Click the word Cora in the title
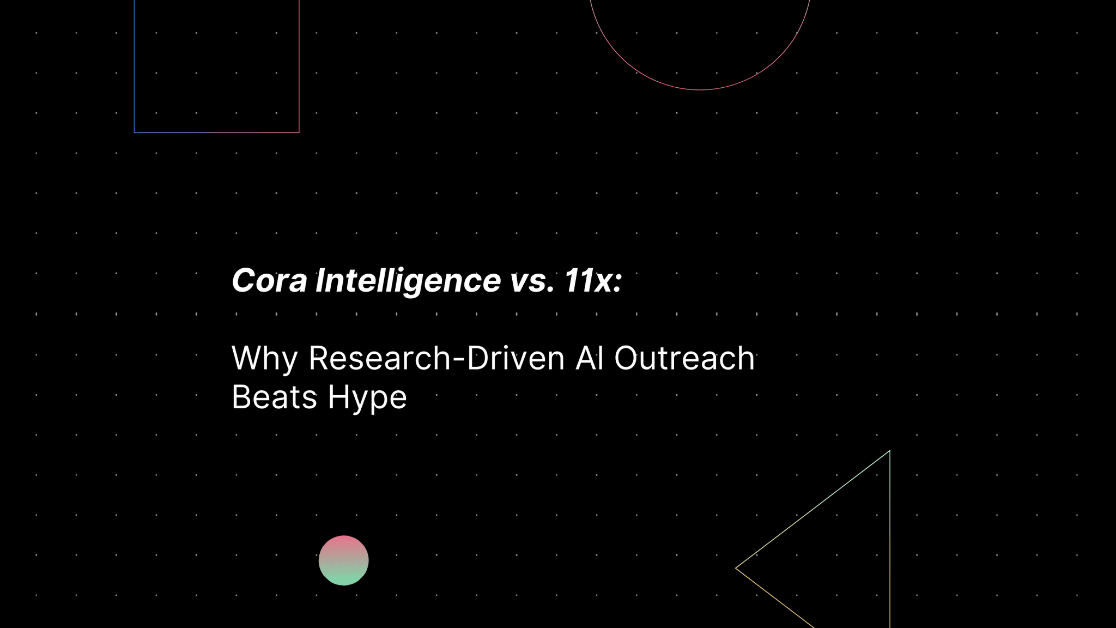pos(269,281)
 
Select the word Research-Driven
pos(436,359)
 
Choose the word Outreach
pos(684,359)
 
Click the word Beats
pos(274,397)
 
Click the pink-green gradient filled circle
pos(343,560)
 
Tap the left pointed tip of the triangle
pos(736,568)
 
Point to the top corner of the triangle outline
pos(889,451)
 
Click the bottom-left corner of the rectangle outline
pos(135,132)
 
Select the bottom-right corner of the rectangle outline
pos(299,132)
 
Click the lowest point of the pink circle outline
pos(700,89)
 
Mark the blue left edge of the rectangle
pos(135,65)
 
